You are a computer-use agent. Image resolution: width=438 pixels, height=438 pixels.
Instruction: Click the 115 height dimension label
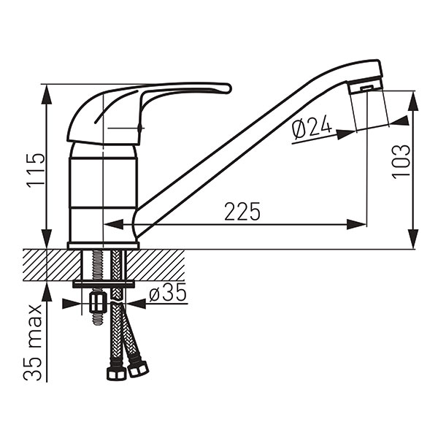pyautogui.click(x=36, y=169)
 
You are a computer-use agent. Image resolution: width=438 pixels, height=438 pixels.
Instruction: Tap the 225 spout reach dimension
pyautogui.click(x=242, y=212)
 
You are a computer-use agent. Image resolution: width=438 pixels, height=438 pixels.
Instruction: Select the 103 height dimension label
pyautogui.click(x=401, y=162)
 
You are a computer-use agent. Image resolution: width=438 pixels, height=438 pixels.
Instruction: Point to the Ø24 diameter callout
pyautogui.click(x=312, y=128)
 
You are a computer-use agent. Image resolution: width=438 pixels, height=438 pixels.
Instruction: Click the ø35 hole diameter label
pyautogui.click(x=168, y=293)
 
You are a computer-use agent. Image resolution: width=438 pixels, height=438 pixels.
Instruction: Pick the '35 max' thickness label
pyautogui.click(x=33, y=343)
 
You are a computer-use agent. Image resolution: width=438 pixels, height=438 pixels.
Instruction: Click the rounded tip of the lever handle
pyautogui.click(x=228, y=88)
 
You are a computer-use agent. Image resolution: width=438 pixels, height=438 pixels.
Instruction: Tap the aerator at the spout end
pyautogui.click(x=366, y=88)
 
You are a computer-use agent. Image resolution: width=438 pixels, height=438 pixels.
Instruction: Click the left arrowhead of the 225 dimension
pyautogui.click(x=113, y=224)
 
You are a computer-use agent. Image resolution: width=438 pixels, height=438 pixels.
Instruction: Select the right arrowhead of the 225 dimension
pyautogui.click(x=356, y=224)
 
